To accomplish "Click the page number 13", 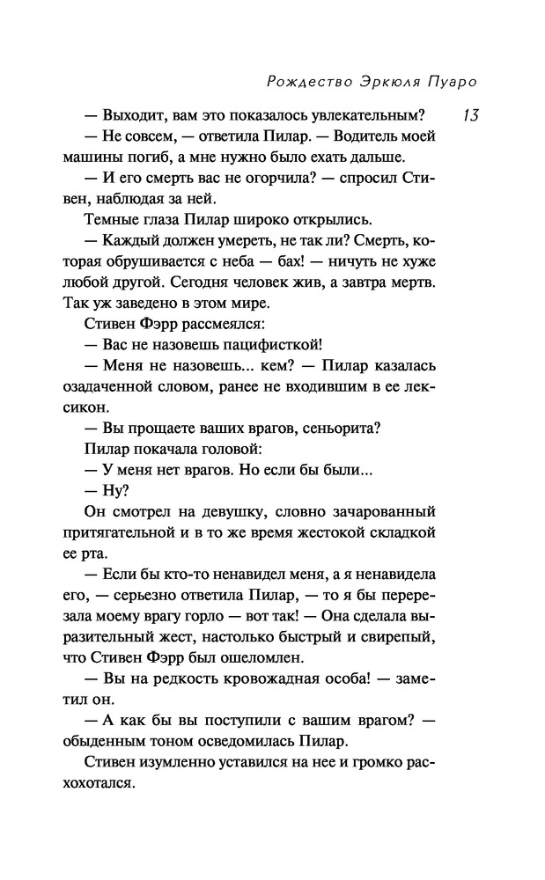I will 468,115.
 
